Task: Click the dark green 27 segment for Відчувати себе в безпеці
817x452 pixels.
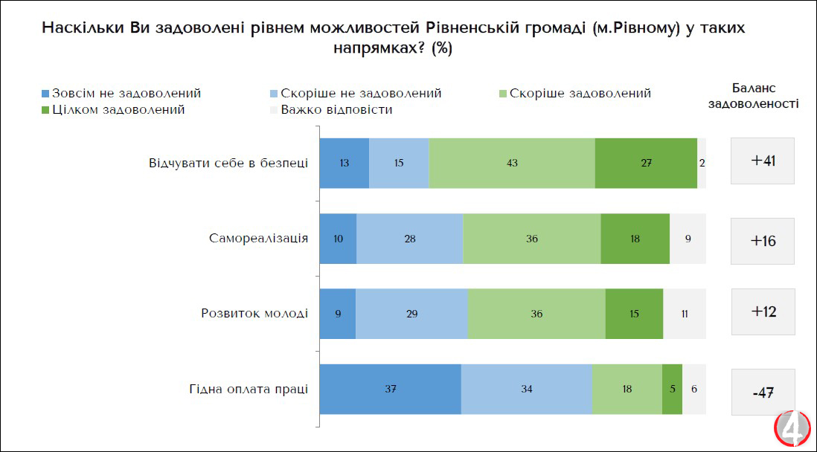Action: pyautogui.click(x=646, y=163)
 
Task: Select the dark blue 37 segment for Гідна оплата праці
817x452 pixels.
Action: pyautogui.click(x=390, y=390)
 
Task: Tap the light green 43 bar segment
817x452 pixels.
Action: pyautogui.click(x=512, y=163)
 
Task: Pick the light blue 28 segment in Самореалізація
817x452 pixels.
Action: pyautogui.click(x=409, y=239)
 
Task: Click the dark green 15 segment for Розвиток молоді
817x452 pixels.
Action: pyautogui.click(x=634, y=314)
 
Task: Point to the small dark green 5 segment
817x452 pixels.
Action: pyautogui.click(x=672, y=390)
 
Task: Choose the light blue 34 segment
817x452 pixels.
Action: pyautogui.click(x=526, y=390)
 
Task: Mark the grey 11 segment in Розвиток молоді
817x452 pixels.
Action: pyautogui.click(x=685, y=314)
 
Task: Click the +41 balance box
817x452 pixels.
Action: pyautogui.click(x=763, y=161)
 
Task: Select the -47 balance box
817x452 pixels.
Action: pyautogui.click(x=763, y=392)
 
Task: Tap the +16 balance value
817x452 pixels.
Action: pyautogui.click(x=763, y=241)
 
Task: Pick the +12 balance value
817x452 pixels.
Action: pyautogui.click(x=763, y=311)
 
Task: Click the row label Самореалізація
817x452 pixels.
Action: pyautogui.click(x=258, y=239)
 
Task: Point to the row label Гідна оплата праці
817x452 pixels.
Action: pyautogui.click(x=248, y=390)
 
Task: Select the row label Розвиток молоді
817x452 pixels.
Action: pyautogui.click(x=254, y=314)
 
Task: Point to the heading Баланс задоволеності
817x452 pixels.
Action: pyautogui.click(x=754, y=96)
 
